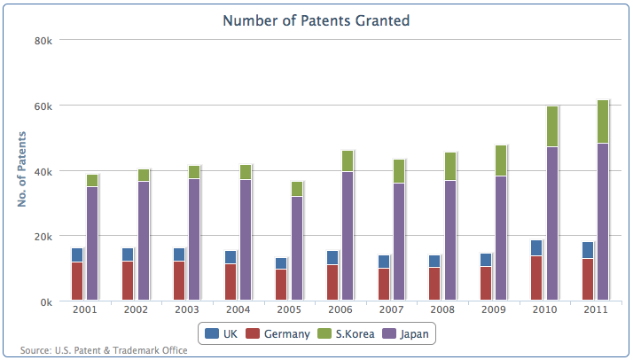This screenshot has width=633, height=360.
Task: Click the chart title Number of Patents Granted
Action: click(316, 20)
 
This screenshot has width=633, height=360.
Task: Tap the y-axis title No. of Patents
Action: click(22, 169)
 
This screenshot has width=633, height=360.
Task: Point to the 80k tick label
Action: click(43, 41)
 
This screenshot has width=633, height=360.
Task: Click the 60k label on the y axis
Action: click(43, 106)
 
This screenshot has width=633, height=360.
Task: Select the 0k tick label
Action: click(46, 302)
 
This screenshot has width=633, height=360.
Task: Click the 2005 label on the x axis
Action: click(289, 309)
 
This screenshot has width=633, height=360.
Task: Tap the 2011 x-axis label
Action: click(596, 309)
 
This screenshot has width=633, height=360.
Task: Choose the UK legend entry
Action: click(222, 333)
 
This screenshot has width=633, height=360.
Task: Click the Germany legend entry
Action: click(277, 333)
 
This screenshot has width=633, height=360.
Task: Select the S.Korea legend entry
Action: click(346, 333)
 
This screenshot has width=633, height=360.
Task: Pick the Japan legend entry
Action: click(405, 333)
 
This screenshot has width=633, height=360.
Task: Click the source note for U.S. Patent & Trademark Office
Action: click(104, 350)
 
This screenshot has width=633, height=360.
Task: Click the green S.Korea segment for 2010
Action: click(552, 126)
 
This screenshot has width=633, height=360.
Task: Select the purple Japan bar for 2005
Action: click(297, 248)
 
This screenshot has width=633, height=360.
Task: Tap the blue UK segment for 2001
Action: click(77, 255)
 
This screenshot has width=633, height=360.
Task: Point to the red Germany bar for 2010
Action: click(536, 278)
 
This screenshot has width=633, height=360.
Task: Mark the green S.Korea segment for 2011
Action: click(603, 121)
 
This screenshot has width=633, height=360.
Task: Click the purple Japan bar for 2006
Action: click(348, 236)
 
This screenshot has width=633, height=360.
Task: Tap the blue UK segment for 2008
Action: click(434, 261)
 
